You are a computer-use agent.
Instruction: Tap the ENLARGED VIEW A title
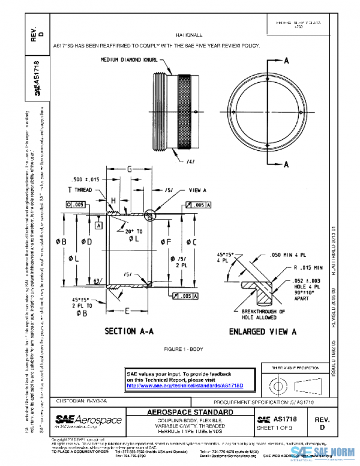pyautogui.click(x=263, y=331)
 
